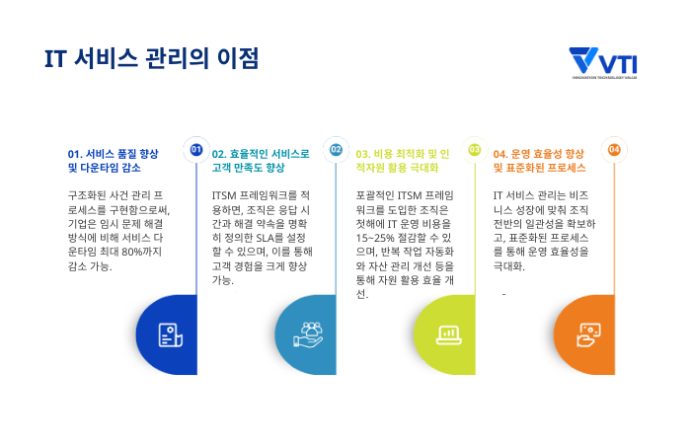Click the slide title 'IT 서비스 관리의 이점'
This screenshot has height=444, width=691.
[x=151, y=59]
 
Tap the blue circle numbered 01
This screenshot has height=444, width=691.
[x=195, y=150]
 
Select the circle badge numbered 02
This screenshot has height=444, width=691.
[x=336, y=150]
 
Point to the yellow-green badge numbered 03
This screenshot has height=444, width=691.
[x=474, y=150]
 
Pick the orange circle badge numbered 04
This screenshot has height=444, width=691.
[x=614, y=150]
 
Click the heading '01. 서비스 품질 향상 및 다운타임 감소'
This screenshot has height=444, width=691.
[x=113, y=161]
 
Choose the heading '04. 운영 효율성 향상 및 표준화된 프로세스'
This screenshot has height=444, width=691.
[x=539, y=161]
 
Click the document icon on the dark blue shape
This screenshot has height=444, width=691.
[x=169, y=334]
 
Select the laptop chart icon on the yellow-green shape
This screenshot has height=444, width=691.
[x=448, y=334]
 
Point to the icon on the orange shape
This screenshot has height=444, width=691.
[x=587, y=334]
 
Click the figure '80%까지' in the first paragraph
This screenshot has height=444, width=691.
[x=142, y=252]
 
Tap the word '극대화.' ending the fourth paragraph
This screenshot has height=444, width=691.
[x=509, y=265]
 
